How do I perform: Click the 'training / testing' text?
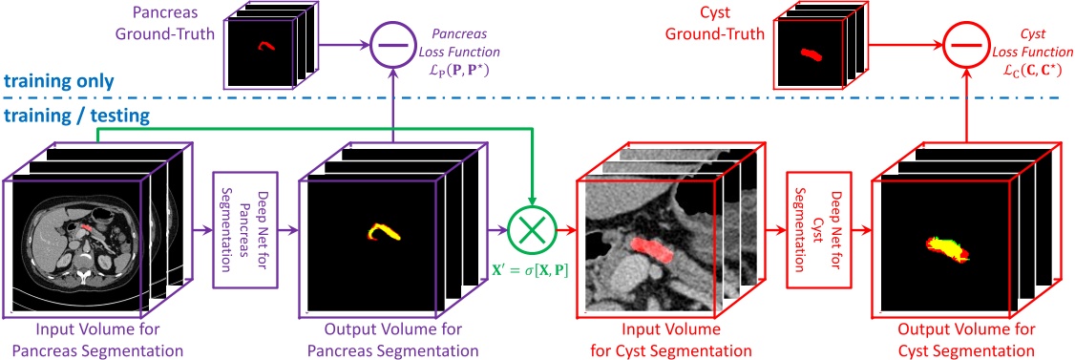pos(75,116)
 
